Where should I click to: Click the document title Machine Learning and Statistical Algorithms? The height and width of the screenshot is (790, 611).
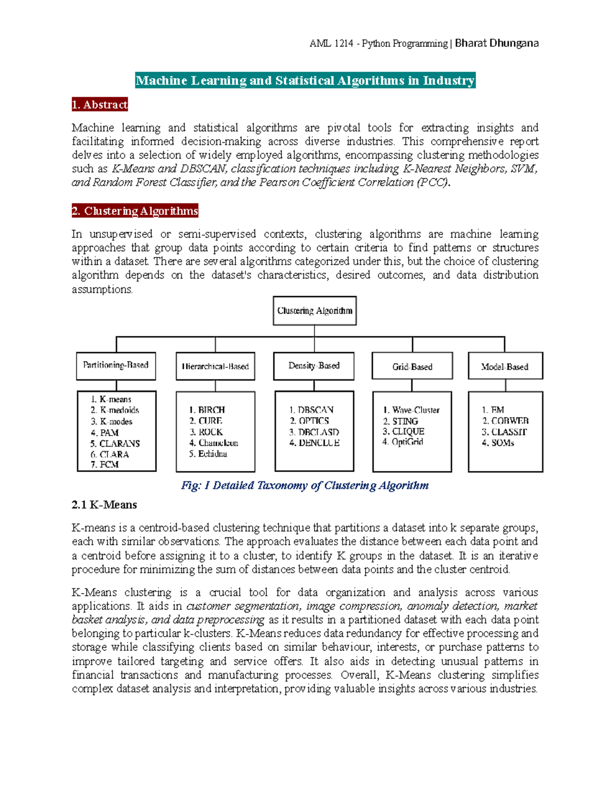(305, 80)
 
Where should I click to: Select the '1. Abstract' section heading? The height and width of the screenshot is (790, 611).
(100, 105)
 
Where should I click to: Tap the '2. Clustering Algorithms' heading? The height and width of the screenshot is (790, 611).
(135, 211)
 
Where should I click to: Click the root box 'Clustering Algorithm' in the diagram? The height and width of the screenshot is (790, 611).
(314, 311)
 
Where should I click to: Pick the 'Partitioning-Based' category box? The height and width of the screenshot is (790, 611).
(116, 365)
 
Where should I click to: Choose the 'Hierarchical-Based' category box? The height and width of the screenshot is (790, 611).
(215, 366)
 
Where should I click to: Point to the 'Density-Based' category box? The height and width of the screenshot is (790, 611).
(314, 366)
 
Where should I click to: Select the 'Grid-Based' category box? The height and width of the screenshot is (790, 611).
(412, 367)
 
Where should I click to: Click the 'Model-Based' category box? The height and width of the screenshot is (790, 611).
(505, 367)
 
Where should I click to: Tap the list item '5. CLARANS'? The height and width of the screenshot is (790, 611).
(115, 444)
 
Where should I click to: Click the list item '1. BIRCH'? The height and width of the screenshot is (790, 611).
(207, 410)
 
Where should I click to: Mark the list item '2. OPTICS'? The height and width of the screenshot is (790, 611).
(310, 421)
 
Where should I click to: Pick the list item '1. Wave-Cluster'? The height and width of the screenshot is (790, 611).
(411, 410)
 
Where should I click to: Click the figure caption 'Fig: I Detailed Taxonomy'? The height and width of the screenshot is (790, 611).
(304, 485)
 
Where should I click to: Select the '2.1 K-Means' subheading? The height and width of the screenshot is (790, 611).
(104, 505)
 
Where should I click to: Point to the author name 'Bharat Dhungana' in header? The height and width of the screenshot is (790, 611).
(496, 43)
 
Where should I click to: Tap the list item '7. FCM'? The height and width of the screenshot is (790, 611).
(104, 464)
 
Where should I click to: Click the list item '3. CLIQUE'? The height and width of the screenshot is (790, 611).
(403, 431)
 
